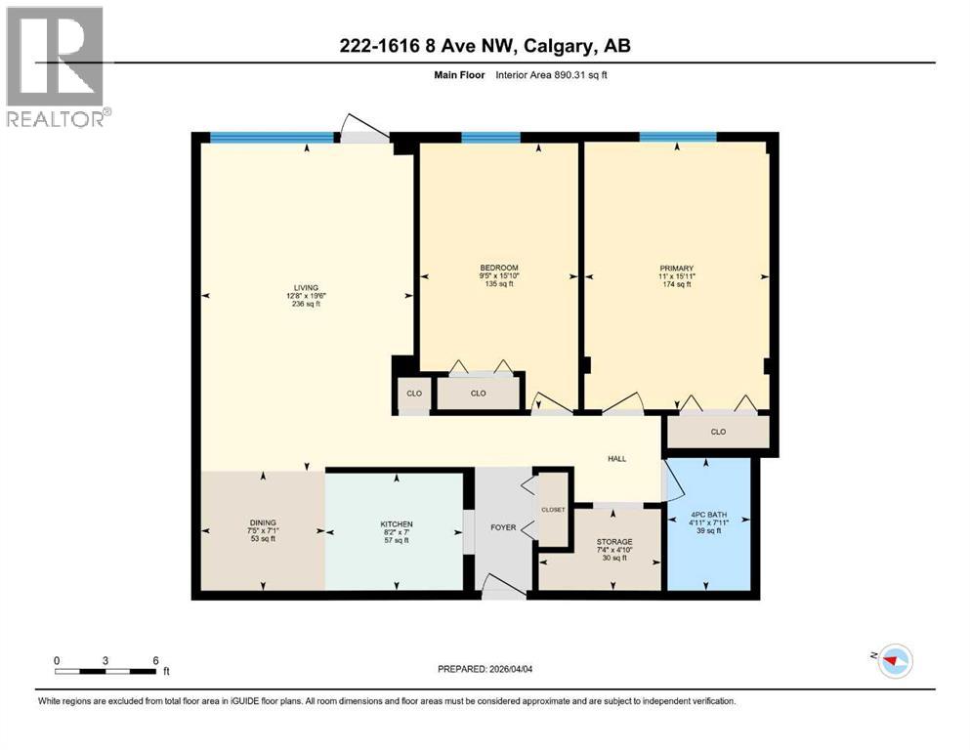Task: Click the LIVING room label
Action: (307, 287)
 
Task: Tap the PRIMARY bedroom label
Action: (676, 269)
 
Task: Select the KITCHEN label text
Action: (396, 523)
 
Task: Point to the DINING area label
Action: (262, 522)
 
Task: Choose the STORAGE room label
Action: (614, 542)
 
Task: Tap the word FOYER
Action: (503, 527)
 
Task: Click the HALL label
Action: (616, 458)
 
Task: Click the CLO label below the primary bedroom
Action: (718, 431)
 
